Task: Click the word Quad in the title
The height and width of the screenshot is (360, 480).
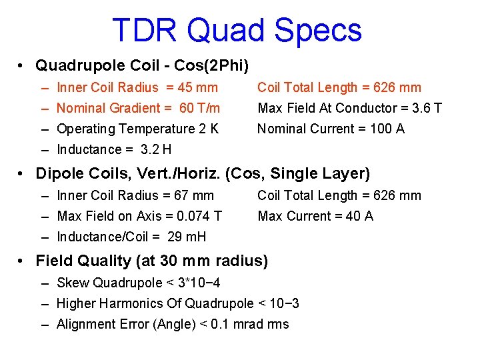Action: coord(217,30)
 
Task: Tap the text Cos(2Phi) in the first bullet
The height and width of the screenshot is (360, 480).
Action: coord(217,65)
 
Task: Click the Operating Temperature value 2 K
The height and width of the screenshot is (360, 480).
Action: coord(210,129)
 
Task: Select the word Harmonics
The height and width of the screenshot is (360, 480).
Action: coord(131,303)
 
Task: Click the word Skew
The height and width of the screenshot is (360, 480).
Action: coord(73,283)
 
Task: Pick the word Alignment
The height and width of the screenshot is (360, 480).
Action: coord(84,324)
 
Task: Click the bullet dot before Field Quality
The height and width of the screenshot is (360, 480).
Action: coord(22,261)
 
